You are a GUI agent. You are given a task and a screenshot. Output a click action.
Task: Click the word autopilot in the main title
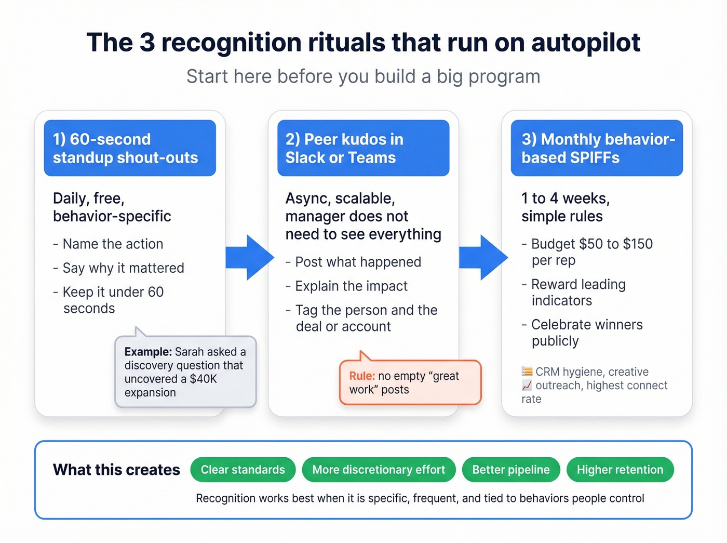[x=585, y=43]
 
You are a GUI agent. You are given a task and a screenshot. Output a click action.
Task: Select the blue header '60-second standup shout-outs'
[x=129, y=148]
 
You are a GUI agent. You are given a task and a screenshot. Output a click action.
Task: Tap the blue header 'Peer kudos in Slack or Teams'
[x=363, y=148]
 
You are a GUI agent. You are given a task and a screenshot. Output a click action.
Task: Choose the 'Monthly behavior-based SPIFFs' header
[x=597, y=148]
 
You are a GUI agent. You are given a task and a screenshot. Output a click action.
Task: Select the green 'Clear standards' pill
[x=243, y=470]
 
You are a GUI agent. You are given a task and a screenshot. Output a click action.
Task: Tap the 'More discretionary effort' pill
[x=379, y=470]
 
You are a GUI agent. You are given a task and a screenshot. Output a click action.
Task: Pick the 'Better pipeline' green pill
[x=511, y=470]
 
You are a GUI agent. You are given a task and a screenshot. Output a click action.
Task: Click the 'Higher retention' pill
[x=620, y=470]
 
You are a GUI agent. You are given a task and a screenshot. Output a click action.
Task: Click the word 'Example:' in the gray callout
[x=148, y=352]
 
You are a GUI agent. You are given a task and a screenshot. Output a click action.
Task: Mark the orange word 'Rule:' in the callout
[x=362, y=376]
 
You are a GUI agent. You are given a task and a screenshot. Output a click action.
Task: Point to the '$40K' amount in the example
[x=203, y=379]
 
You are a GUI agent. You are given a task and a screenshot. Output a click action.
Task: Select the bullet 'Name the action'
[x=113, y=244]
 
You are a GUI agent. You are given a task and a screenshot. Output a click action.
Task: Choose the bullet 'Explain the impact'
[x=351, y=286]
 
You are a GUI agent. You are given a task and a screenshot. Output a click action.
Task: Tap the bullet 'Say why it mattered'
[x=123, y=268]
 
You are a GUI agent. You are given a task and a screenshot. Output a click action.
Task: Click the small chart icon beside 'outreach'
[x=527, y=386]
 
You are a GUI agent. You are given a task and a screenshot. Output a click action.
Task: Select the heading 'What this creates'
[x=116, y=470]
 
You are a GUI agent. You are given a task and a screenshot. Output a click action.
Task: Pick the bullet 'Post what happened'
[x=358, y=262]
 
